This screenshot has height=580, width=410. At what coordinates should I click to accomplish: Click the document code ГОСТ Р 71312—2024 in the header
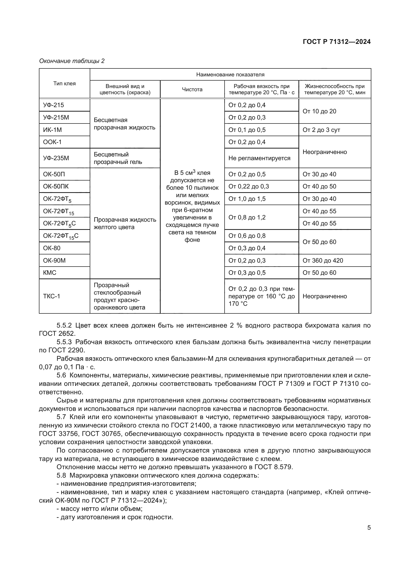click(337, 42)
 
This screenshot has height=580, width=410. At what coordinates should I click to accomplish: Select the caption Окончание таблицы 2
click(72, 61)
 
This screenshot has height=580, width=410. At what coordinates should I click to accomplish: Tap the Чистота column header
click(192, 90)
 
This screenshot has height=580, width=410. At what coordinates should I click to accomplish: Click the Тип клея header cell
click(64, 84)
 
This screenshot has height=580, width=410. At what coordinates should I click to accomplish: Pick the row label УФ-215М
click(56, 118)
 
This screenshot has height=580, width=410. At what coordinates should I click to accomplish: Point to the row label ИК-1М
click(53, 130)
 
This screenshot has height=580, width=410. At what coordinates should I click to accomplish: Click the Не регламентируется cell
click(259, 158)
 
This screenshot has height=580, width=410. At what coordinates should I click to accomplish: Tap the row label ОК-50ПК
click(56, 186)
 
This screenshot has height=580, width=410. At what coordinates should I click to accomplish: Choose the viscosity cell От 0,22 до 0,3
click(248, 186)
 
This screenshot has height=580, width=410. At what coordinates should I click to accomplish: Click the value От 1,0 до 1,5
click(247, 199)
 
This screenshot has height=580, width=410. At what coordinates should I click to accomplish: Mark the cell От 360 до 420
click(323, 260)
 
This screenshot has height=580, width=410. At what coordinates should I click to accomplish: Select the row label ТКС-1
click(52, 296)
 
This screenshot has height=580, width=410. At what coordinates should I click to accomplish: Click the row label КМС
click(50, 273)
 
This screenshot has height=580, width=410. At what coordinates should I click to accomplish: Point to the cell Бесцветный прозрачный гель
click(118, 158)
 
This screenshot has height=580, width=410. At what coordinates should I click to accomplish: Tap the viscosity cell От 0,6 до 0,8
click(247, 236)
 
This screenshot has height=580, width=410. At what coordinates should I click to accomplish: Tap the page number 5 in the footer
click(369, 527)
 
